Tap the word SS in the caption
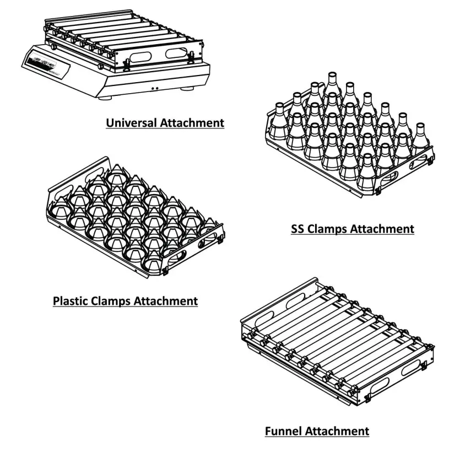pyautogui.click(x=298, y=228)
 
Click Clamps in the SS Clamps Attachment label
pyautogui.click(x=329, y=228)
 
